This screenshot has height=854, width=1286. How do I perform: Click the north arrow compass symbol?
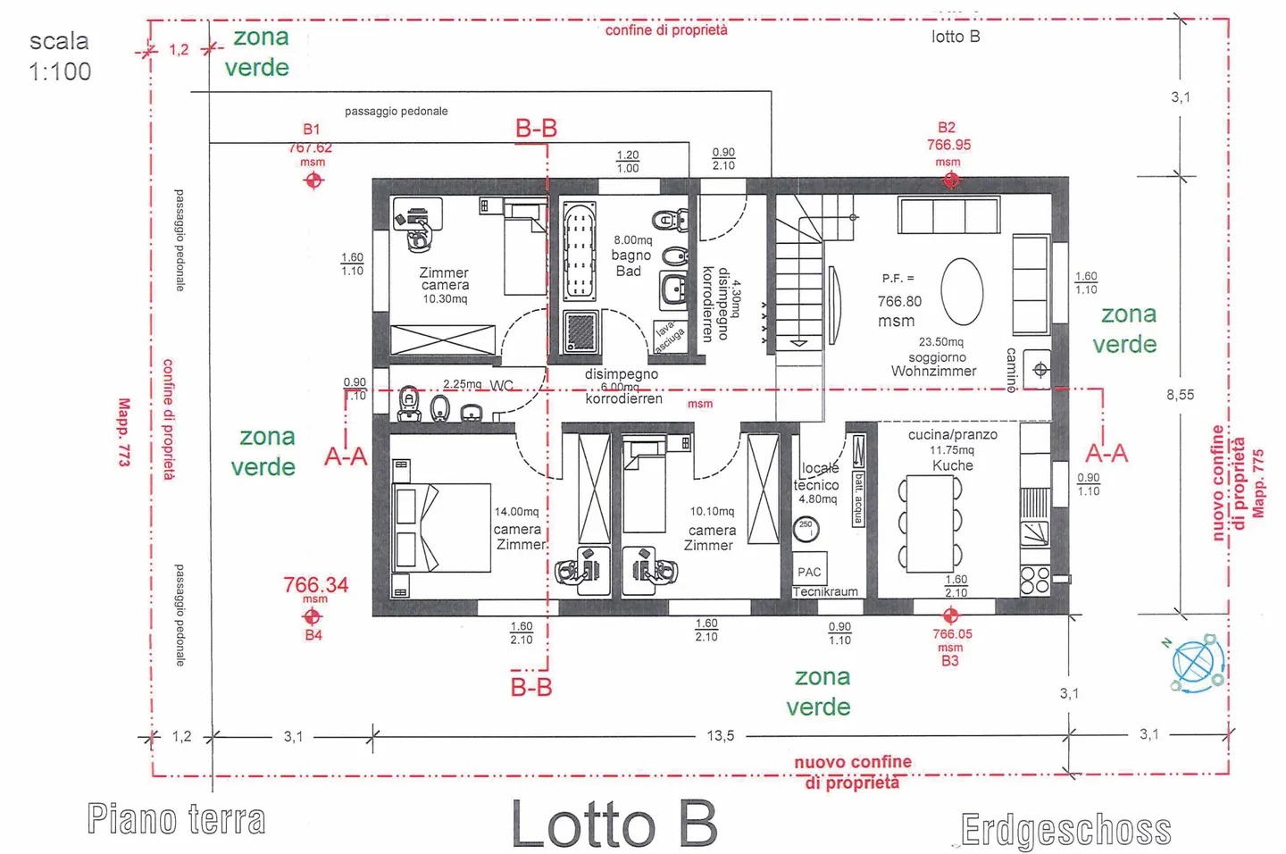(x=1196, y=663)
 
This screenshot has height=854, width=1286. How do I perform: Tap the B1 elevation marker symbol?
(x=313, y=180)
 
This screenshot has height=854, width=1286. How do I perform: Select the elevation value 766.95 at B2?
(x=948, y=145)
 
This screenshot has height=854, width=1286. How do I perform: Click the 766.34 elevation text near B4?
(x=315, y=585)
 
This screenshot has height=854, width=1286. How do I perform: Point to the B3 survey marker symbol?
(x=950, y=615)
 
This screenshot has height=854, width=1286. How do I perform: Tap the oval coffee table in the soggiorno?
(x=962, y=292)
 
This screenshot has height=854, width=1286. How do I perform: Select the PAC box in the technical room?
(x=809, y=571)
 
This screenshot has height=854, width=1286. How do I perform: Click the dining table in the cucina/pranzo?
(x=929, y=524)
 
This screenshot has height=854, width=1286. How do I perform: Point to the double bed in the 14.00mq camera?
(x=442, y=527)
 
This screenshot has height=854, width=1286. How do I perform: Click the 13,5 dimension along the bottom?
(x=720, y=736)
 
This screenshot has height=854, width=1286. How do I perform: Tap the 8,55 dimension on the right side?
(x=1180, y=394)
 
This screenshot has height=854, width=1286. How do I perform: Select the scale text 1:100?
(x=60, y=71)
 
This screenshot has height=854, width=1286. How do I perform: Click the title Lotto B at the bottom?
(x=614, y=824)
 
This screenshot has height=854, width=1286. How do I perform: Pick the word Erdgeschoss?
(x=1065, y=830)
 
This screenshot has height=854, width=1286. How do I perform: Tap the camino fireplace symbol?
(x=1040, y=369)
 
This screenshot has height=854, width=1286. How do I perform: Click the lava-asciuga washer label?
(x=669, y=337)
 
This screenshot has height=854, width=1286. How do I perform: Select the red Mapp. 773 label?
(x=124, y=431)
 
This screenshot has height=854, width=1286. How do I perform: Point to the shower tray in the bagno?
(x=582, y=331)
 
